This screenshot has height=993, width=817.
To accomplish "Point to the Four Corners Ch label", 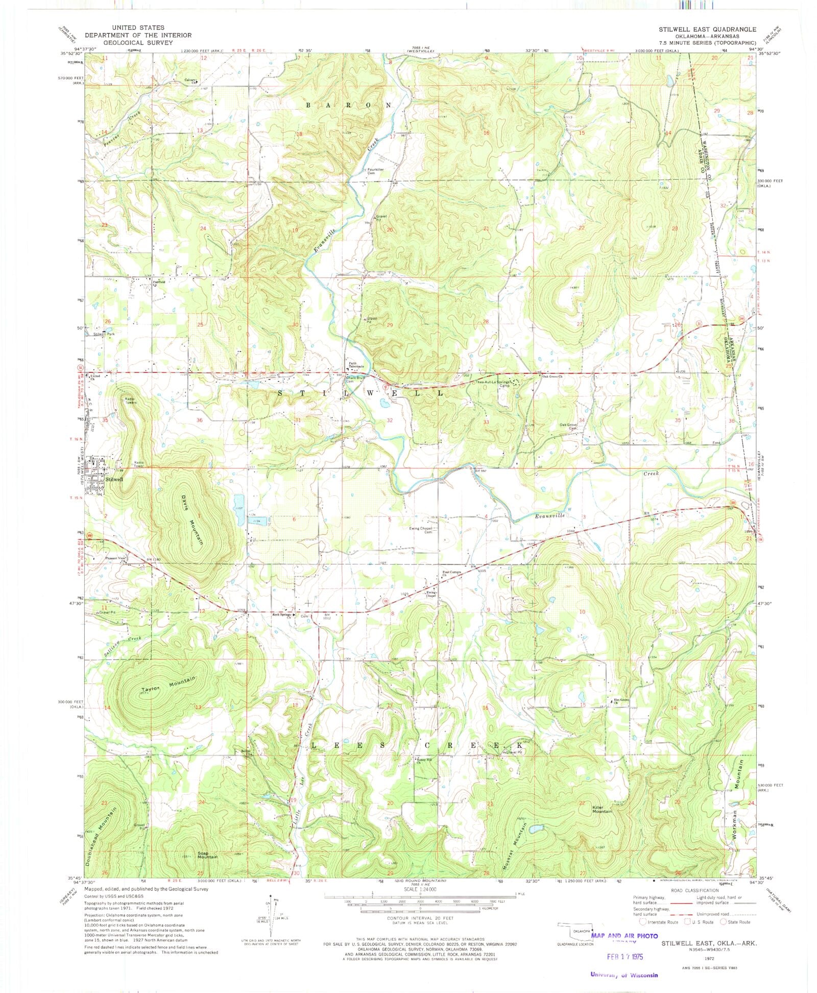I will (451, 574).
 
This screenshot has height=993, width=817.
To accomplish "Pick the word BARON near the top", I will (348, 105).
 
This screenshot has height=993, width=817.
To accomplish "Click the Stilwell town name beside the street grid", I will (114, 479).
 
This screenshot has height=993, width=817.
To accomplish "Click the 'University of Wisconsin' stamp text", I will (624, 975).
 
